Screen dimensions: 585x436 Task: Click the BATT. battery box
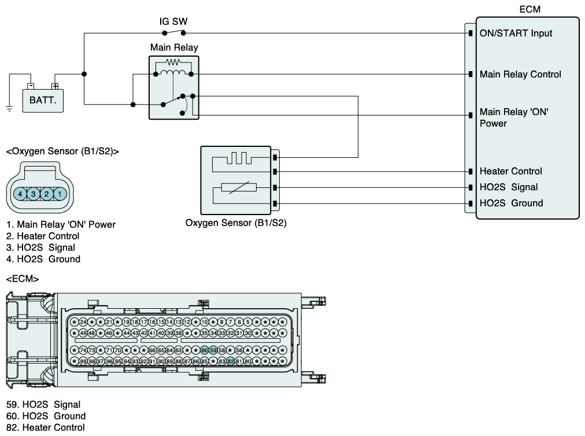(43, 101)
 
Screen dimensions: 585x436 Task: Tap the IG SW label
(173, 21)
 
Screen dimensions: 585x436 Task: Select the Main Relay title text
(174, 47)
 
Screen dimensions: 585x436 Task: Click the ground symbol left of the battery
(9, 109)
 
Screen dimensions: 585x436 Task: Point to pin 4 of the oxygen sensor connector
(20, 194)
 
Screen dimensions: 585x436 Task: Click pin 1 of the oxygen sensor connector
(60, 194)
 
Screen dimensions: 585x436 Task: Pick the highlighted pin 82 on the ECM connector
(231, 361)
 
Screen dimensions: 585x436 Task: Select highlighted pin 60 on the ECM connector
(205, 350)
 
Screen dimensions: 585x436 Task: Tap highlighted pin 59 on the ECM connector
(213, 350)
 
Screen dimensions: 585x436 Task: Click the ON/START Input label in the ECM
(516, 33)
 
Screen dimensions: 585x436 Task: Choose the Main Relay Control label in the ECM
(520, 74)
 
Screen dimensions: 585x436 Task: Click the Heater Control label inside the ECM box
(510, 171)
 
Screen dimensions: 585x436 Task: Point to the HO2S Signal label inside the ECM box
(509, 187)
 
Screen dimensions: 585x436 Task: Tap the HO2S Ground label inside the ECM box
(511, 203)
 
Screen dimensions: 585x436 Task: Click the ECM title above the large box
(530, 9)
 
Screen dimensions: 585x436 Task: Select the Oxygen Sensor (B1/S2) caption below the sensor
(236, 223)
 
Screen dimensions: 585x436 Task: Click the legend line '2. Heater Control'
(43, 236)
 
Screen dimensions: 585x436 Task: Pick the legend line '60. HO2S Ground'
(46, 416)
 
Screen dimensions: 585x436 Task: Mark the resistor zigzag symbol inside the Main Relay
(173, 62)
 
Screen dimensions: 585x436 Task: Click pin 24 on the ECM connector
(83, 322)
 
